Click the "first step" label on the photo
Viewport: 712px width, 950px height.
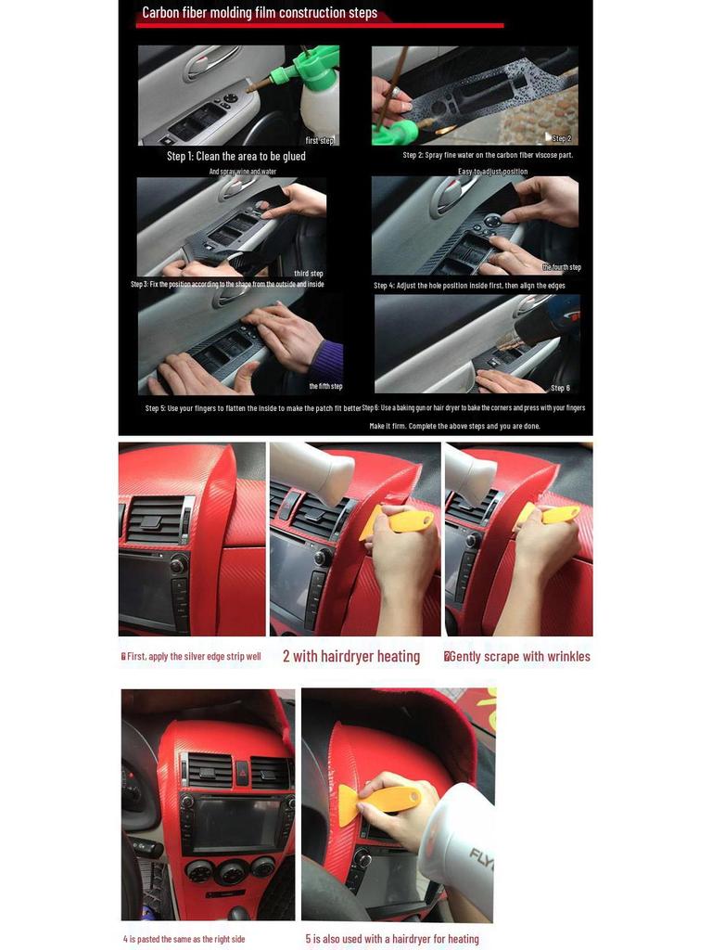click(319, 140)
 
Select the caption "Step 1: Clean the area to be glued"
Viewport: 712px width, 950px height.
click(235, 156)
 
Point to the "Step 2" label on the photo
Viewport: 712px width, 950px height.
click(561, 138)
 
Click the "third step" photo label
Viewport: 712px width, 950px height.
click(308, 274)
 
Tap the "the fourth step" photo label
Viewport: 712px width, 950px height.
click(561, 267)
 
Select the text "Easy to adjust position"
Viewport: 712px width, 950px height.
click(492, 172)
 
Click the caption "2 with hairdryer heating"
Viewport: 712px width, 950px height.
click(350, 657)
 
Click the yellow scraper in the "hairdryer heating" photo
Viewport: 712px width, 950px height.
click(400, 521)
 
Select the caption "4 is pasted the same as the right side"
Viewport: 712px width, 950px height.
click(184, 939)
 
